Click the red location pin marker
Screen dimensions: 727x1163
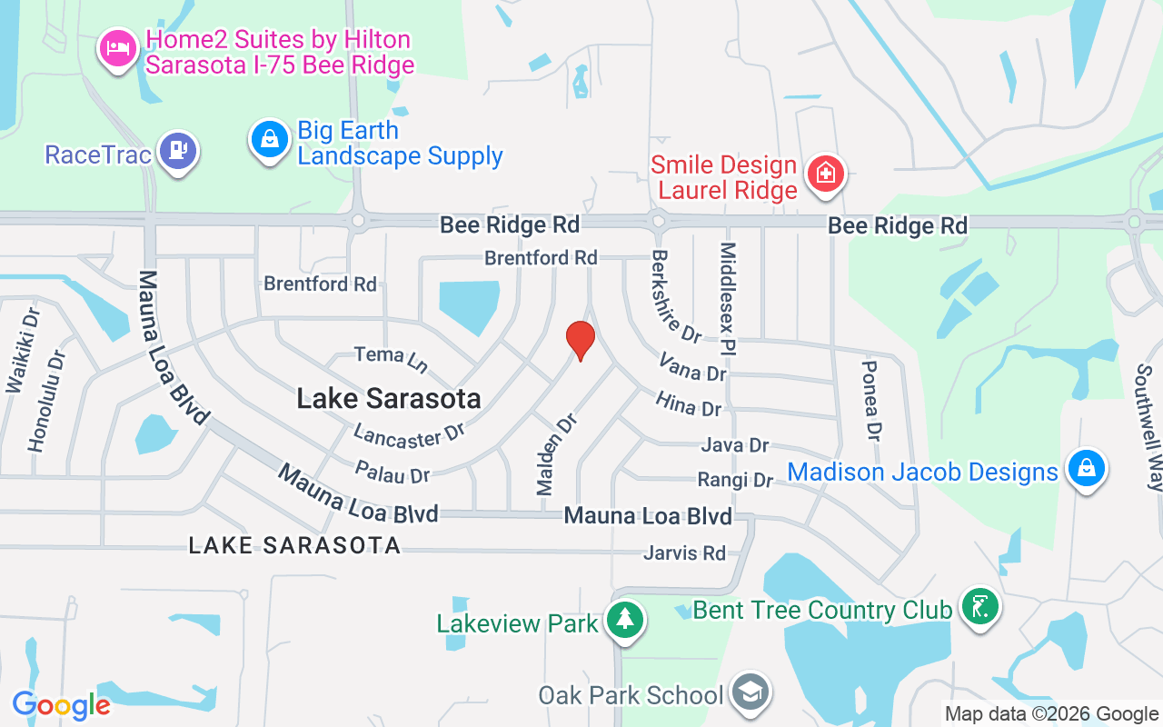581,341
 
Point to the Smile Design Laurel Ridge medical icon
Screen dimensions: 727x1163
826,173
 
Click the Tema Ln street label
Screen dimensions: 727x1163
391,359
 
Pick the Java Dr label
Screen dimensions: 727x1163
735,445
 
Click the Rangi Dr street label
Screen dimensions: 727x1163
735,479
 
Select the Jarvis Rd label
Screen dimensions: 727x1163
684,553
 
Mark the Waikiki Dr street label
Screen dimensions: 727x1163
24,351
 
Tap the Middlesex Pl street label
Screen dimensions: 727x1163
729,298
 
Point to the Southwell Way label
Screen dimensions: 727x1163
1146,427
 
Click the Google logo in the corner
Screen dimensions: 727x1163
61,705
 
